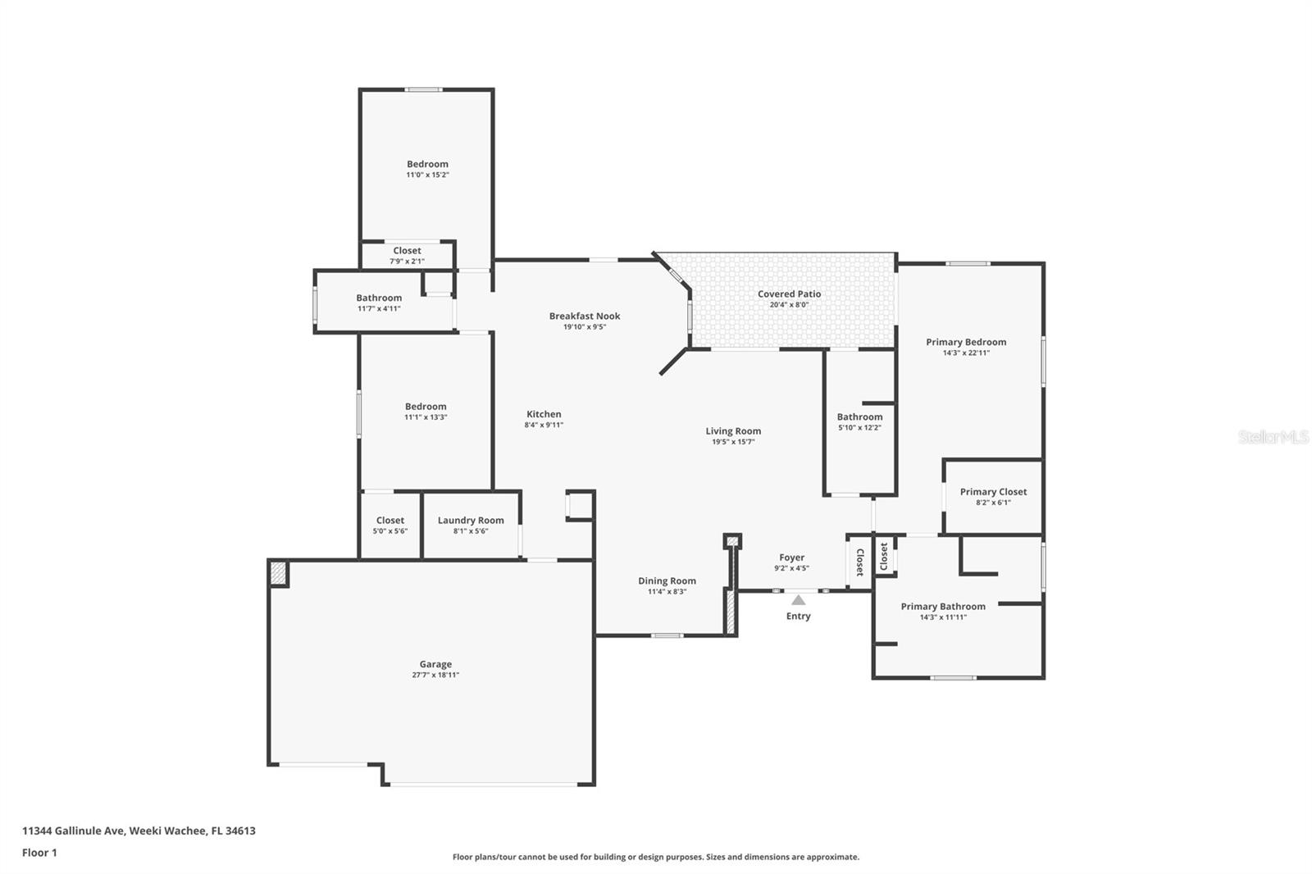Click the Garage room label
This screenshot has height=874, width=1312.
click(435, 664)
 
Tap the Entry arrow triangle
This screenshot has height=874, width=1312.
click(798, 600)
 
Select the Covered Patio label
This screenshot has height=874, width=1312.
click(789, 294)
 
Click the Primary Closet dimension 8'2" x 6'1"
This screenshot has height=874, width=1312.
click(993, 503)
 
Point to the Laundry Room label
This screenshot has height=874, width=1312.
click(471, 520)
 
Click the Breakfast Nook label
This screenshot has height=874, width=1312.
click(585, 316)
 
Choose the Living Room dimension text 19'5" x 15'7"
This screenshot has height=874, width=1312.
click(733, 442)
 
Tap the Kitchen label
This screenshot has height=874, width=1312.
click(544, 414)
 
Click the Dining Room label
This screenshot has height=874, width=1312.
click(667, 580)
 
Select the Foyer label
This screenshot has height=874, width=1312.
click(791, 558)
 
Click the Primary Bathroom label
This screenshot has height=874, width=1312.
click(943, 606)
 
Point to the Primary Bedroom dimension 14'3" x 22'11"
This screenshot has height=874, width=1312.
click(966, 353)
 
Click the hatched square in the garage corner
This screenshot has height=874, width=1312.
click(279, 572)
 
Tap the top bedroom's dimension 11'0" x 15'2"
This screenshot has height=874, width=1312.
click(427, 175)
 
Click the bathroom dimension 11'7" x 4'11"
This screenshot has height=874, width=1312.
click(379, 308)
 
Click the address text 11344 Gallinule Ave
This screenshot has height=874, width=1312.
click(74, 831)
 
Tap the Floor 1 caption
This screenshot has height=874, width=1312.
click(39, 853)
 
